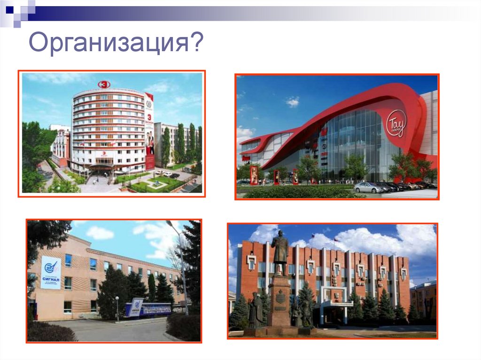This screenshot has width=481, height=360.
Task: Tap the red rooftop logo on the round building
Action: (x=104, y=84)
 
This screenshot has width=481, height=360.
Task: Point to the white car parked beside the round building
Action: (x=167, y=174)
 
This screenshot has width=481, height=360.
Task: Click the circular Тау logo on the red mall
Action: (x=396, y=125)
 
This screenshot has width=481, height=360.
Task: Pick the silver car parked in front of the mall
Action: (x=369, y=188)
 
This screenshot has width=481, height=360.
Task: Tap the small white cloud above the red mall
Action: (x=292, y=101)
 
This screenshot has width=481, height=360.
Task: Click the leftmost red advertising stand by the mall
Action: (x=254, y=173)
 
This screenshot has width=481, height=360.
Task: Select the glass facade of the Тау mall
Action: (x=357, y=141)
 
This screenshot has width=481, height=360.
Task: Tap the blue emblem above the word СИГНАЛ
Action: (x=50, y=268)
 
